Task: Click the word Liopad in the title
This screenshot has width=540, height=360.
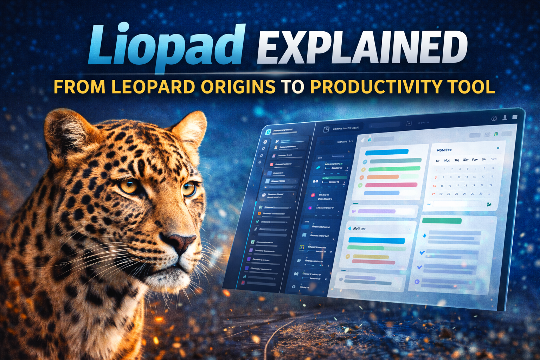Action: coord(165,46)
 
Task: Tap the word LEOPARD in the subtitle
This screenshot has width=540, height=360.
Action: coord(153,87)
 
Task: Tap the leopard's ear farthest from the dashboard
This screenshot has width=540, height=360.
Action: coord(67,134)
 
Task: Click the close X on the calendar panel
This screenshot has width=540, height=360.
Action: coord(498,148)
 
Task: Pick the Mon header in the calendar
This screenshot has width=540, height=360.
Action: coord(447,160)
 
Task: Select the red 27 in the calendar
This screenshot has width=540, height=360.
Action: coord(433,194)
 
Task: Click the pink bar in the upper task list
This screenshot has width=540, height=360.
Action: coord(391,185)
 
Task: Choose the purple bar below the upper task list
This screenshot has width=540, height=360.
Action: coord(377,211)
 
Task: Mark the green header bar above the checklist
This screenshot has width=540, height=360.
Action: coord(442,221)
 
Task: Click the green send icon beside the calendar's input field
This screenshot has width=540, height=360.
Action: coord(489,204)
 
